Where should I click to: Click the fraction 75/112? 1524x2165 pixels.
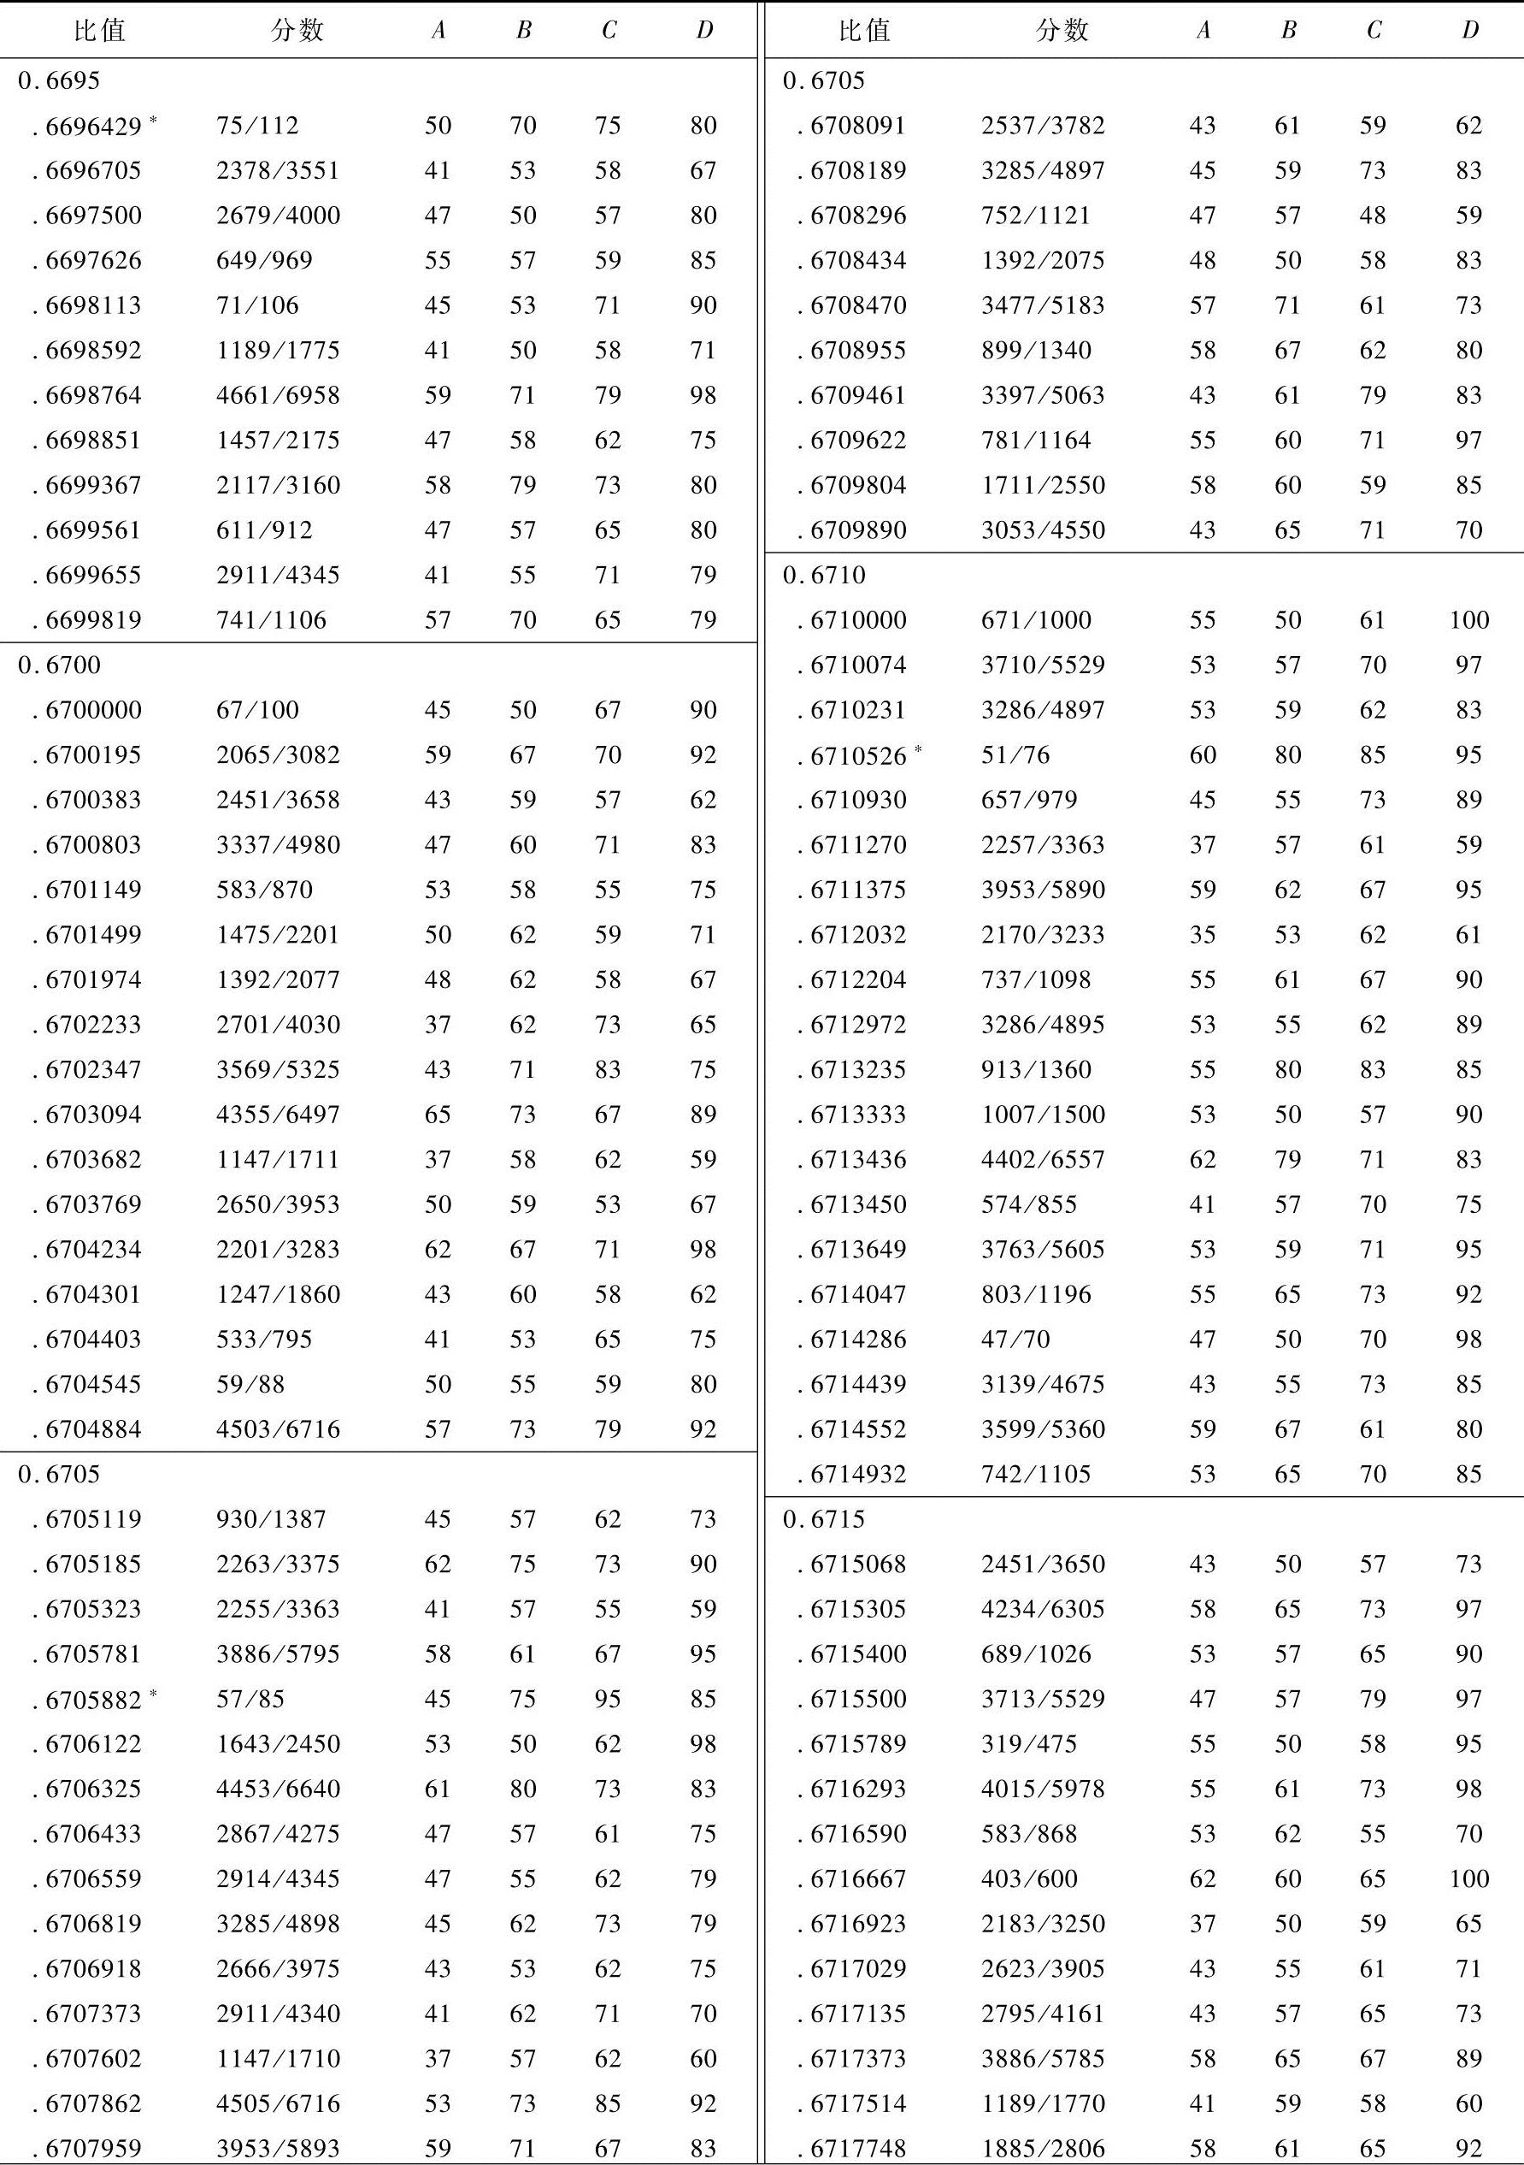click(x=256, y=126)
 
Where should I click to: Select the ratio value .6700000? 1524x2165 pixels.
click(x=92, y=710)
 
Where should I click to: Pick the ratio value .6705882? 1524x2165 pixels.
click(x=92, y=1699)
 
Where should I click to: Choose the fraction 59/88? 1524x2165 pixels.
click(x=250, y=1384)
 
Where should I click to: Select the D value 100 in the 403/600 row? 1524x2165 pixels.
click(x=1468, y=1878)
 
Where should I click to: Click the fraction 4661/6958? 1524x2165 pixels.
click(x=277, y=395)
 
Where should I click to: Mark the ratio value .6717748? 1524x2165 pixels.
click(x=857, y=2148)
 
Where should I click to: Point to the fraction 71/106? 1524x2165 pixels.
click(x=256, y=305)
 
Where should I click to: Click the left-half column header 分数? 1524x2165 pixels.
click(x=297, y=30)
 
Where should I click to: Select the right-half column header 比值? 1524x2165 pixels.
click(x=864, y=30)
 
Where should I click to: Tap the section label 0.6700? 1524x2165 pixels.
click(x=58, y=665)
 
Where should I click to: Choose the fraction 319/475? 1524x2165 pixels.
click(x=1028, y=1743)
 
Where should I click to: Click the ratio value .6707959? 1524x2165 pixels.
click(x=92, y=2148)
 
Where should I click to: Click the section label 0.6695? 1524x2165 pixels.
click(x=58, y=81)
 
